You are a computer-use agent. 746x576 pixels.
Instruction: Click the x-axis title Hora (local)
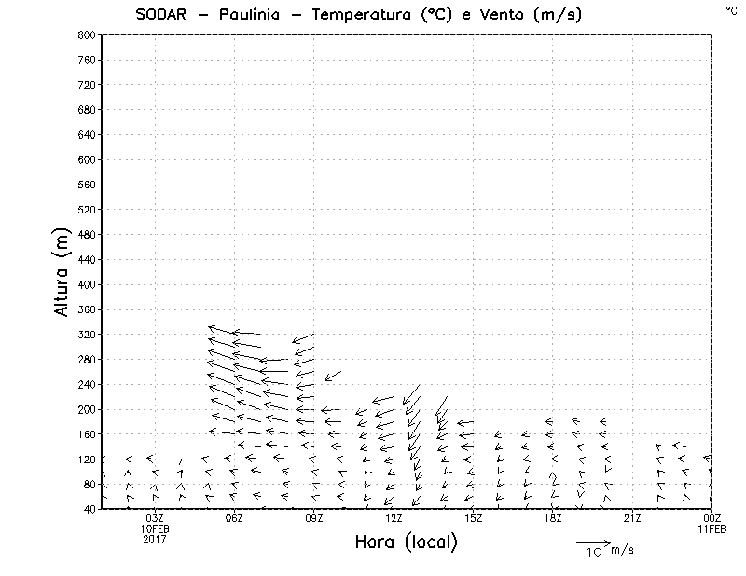coord(406,542)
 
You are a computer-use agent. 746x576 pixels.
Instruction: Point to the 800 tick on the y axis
coord(85,34)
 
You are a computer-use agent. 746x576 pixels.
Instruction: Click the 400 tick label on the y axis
coord(85,284)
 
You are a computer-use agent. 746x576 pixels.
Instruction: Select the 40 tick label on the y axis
coord(88,509)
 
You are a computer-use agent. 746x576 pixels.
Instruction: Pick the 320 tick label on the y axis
coord(85,334)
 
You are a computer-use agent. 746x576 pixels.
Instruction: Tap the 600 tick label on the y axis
coord(85,159)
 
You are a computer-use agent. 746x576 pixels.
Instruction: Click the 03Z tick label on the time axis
coord(155,518)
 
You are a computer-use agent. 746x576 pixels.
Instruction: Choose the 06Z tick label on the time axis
coord(234,518)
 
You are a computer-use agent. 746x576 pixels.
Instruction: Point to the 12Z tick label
coord(394,518)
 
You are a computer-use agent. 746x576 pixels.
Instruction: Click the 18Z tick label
coord(552,518)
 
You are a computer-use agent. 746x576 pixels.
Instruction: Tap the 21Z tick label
coord(632,518)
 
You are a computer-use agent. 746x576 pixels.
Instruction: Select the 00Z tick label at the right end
coord(711,518)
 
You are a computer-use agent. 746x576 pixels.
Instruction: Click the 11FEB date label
coord(711,528)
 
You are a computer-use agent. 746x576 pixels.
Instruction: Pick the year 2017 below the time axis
coord(155,539)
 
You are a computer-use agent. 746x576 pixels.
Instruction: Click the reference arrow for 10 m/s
coord(592,542)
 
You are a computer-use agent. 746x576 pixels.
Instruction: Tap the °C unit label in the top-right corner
coord(731,10)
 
